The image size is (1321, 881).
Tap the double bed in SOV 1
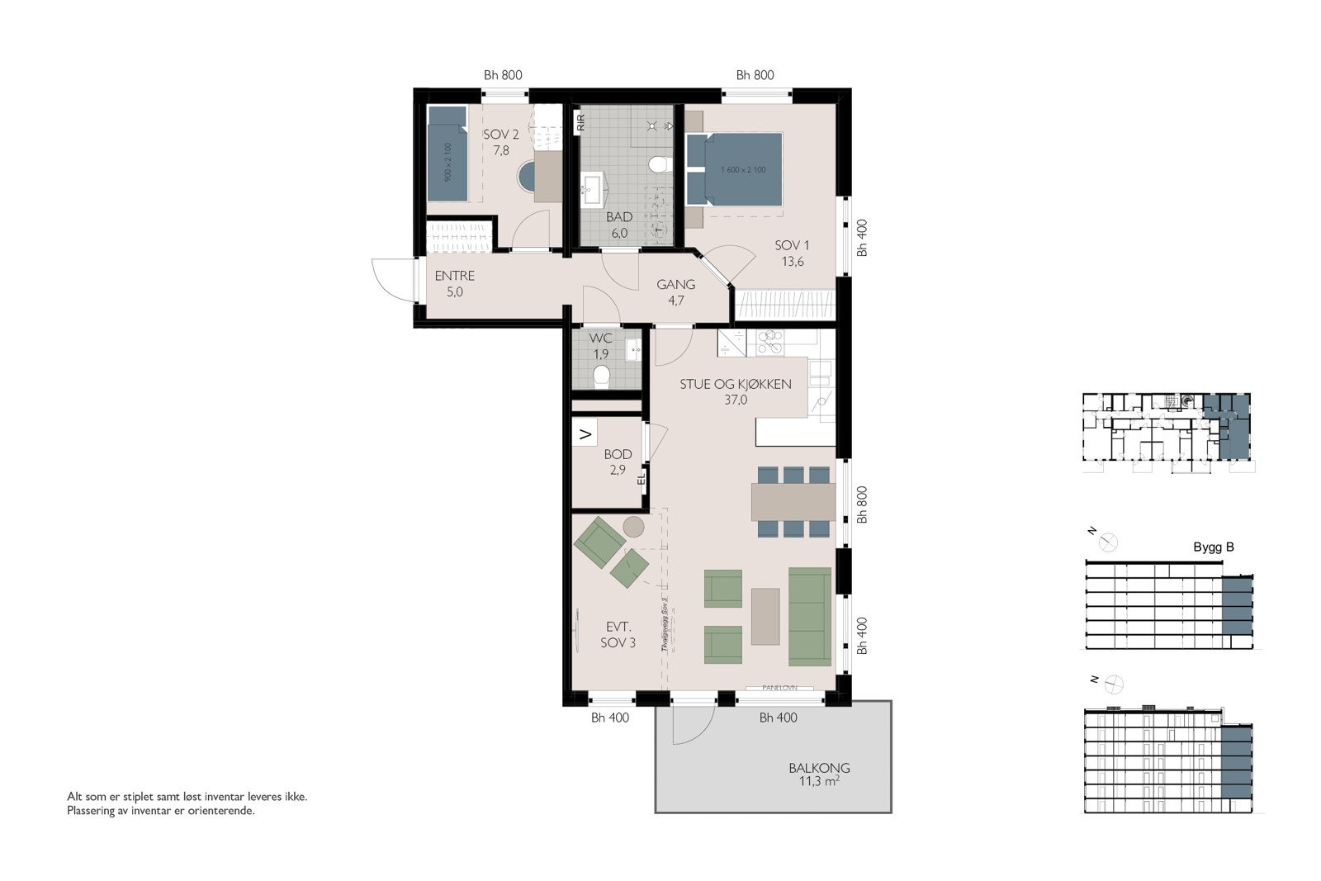[x=734, y=170]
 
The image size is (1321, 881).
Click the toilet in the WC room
[x=602, y=377]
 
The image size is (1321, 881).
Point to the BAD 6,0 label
[x=619, y=225]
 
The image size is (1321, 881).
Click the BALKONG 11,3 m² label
[x=818, y=774]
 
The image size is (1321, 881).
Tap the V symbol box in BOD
[x=585, y=433]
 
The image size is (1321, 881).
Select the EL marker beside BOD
[x=641, y=477]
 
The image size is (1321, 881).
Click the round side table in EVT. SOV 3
[x=634, y=526]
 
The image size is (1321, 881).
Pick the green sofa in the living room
[x=809, y=616]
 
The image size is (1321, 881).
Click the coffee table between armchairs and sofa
[x=765, y=615]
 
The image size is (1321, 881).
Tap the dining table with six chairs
[x=793, y=501]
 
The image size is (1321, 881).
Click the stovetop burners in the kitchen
[x=770, y=341]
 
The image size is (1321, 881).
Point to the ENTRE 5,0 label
[x=455, y=283]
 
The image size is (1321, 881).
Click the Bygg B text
[x=1214, y=547]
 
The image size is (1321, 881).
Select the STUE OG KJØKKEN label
[x=736, y=384]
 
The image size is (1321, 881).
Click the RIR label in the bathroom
[x=581, y=123]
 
